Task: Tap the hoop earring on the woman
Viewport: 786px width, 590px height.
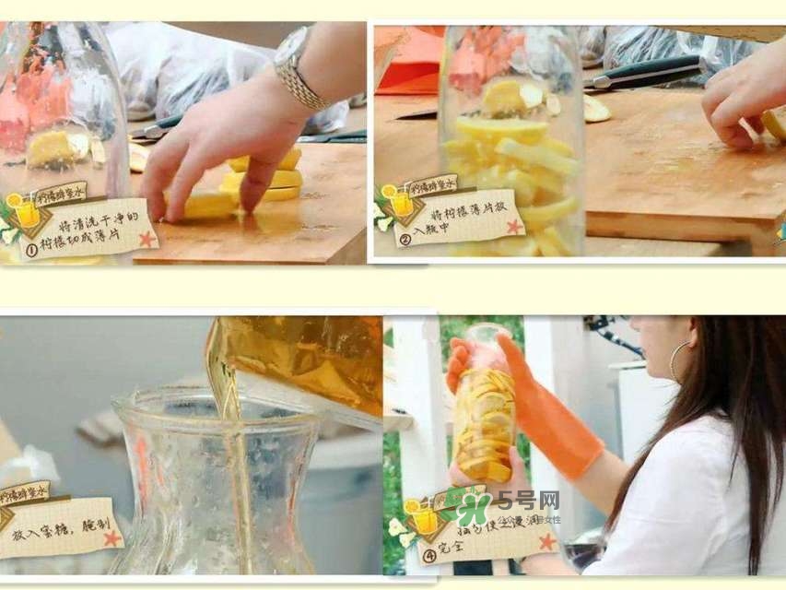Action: (680, 360)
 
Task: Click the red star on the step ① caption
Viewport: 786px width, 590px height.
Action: (147, 239)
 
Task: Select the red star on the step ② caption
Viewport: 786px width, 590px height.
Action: (514, 226)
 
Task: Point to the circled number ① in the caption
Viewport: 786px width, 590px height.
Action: (30, 248)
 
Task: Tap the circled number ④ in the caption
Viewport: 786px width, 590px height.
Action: (427, 556)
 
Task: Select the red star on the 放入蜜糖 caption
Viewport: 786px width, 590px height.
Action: (111, 537)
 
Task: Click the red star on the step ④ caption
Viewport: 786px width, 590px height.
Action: (546, 541)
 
